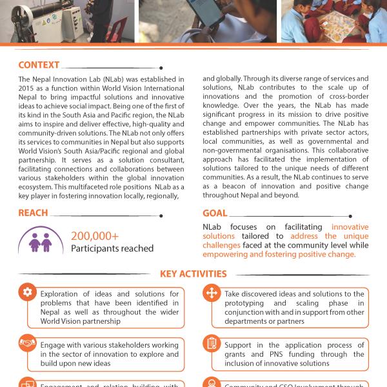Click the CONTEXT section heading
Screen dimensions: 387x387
click(39, 65)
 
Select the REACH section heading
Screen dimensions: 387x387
click(33, 213)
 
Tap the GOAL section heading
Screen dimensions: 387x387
click(215, 213)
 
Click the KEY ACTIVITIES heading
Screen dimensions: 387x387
click(193, 273)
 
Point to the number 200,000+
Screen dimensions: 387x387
click(95, 237)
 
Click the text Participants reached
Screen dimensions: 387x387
click(112, 248)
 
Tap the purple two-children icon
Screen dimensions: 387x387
click(43, 243)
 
